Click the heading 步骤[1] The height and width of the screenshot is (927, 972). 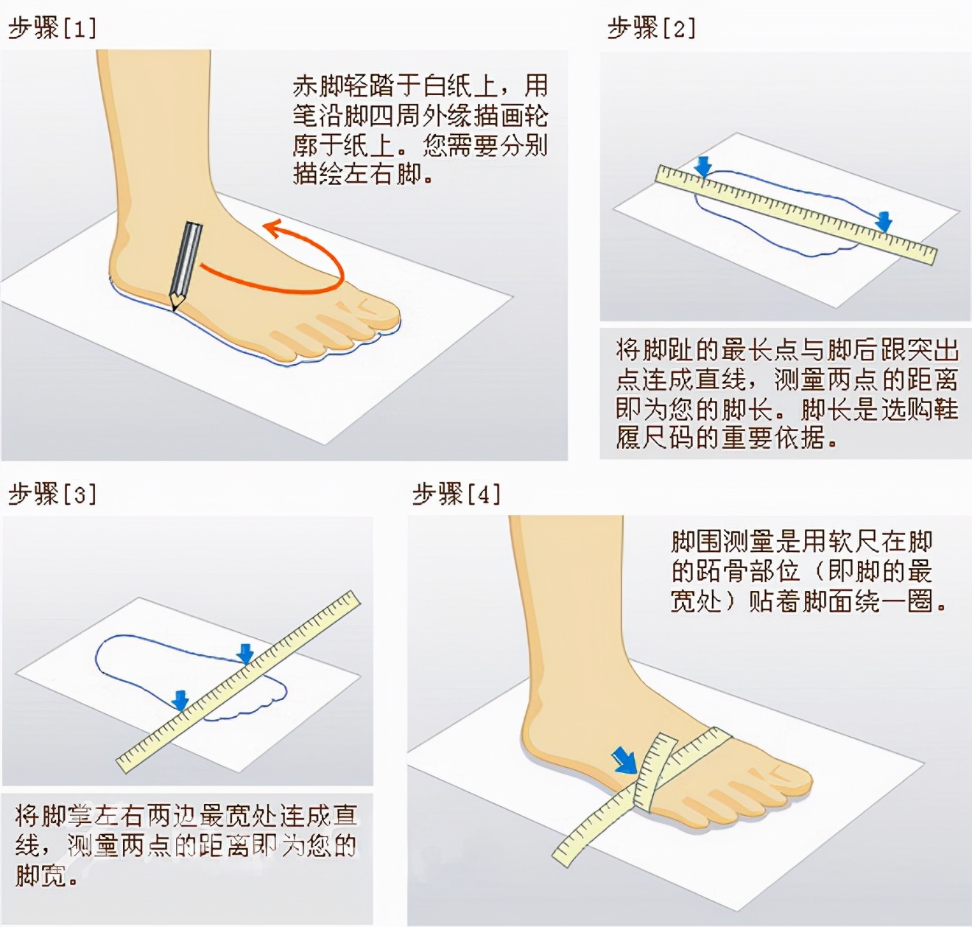(52, 28)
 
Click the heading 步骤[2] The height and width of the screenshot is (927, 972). (651, 28)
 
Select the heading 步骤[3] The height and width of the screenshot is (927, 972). (52, 494)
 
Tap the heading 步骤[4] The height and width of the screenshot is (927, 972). (457, 494)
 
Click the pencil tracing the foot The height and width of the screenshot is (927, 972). (185, 265)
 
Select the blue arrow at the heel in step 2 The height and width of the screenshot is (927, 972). (703, 167)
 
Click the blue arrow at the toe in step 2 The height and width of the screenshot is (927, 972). (884, 220)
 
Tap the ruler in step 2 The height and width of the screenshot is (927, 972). (795, 214)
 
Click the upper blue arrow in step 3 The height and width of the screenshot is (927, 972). (245, 653)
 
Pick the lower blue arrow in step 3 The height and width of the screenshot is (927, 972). (180, 699)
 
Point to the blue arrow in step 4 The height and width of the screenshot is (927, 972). (625, 760)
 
